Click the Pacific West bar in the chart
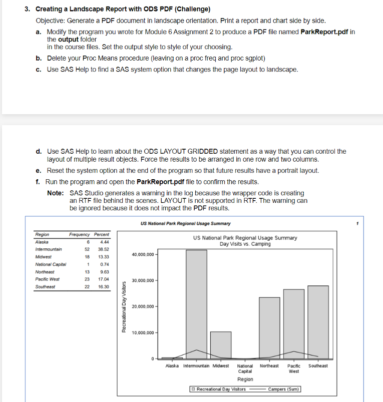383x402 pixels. tap(294, 323)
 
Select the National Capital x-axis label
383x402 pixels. tap(245, 368)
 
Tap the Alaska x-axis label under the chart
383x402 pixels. tap(173, 366)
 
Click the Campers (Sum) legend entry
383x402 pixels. tap(283, 389)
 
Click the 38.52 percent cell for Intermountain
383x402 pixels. tap(104, 249)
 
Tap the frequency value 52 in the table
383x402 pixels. tap(87, 249)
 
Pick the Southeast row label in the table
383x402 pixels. tap(45, 287)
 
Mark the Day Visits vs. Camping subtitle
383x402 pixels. tap(245, 244)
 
